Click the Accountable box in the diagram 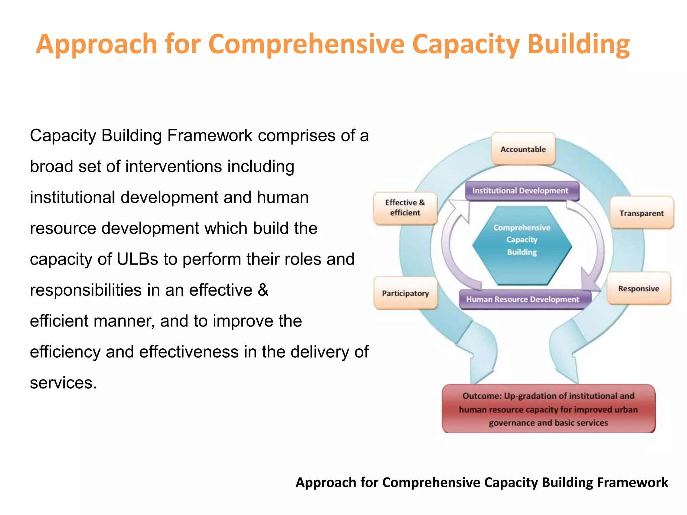tap(523, 149)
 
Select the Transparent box tap(641, 213)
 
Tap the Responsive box tap(638, 289)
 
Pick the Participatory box tap(405, 293)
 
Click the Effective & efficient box tap(405, 208)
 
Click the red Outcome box tap(548, 409)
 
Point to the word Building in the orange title tap(578, 44)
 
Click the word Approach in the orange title tap(97, 44)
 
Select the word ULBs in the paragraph tap(137, 259)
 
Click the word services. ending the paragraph tap(63, 383)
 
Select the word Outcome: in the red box tap(482, 396)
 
